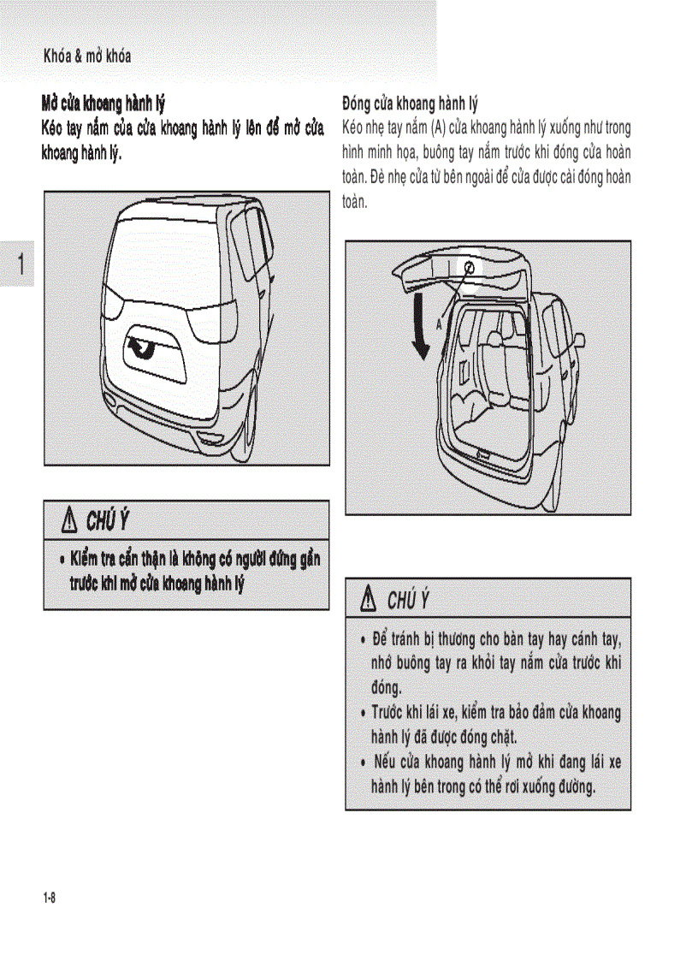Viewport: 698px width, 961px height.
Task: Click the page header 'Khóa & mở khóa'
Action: [x=87, y=56]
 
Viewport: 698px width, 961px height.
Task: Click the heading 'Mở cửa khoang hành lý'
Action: [x=104, y=105]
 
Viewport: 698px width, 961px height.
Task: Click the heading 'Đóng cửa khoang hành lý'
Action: [x=410, y=105]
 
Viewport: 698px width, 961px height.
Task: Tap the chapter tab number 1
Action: [x=16, y=264]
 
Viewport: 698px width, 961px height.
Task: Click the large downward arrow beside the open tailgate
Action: [x=419, y=325]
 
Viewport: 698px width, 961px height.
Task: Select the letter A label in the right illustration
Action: [x=440, y=324]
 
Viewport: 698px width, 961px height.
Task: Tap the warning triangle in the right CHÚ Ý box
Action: [x=369, y=599]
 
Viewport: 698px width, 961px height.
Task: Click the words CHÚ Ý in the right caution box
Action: [x=407, y=599]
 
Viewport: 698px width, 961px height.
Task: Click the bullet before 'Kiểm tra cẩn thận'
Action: [x=62, y=560]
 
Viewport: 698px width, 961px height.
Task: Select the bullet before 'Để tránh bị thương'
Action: [x=364, y=640]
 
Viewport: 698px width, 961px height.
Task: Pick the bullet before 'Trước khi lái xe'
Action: [x=364, y=713]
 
